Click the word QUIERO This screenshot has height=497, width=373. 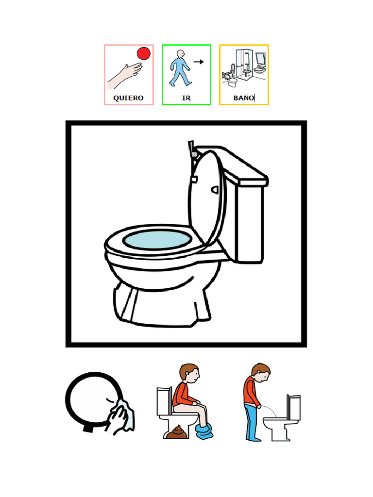pos(128,98)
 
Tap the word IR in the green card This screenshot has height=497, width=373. pos(186,98)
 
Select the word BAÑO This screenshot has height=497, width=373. pos(243,98)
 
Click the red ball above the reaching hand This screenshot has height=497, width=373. pos(143,53)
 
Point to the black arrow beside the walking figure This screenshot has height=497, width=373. pos(198,62)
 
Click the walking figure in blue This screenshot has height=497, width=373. pos(180,68)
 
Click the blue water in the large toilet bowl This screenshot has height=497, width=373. pos(157,239)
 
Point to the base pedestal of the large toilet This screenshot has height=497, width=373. pos(160,303)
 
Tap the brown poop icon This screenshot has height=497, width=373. pos(176,432)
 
